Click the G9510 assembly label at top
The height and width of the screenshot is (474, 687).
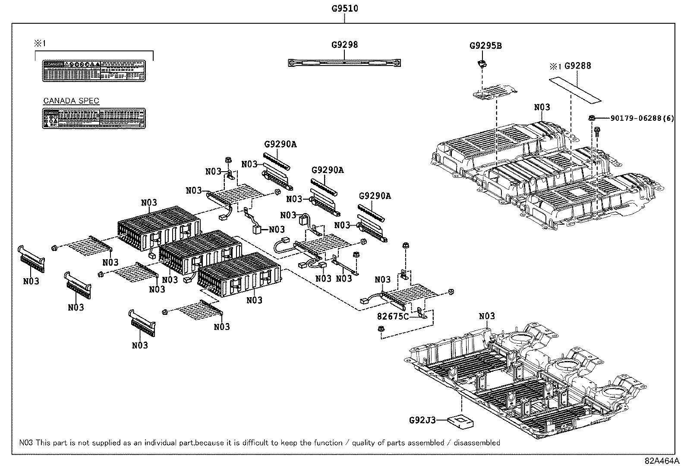coord(345,8)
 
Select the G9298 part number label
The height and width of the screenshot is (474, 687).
coord(344,44)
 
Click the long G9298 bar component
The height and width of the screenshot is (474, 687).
coord(344,63)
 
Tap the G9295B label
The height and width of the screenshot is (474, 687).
coord(485,46)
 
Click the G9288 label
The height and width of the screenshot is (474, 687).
coord(577,66)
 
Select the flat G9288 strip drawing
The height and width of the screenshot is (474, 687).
coord(575,90)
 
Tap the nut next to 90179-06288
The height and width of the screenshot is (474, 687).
coord(592,118)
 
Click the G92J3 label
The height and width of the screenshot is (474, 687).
coord(422,419)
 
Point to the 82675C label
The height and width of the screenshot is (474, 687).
coord(392,316)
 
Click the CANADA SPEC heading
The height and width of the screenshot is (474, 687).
coord(71,101)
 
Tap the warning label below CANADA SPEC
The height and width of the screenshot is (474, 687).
coord(94,118)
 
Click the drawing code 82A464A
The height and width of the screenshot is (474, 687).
coord(662,460)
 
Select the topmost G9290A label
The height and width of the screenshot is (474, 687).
coord(280,144)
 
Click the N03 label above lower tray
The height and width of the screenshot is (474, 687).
coord(487,316)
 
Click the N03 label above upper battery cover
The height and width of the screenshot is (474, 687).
coord(542,107)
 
